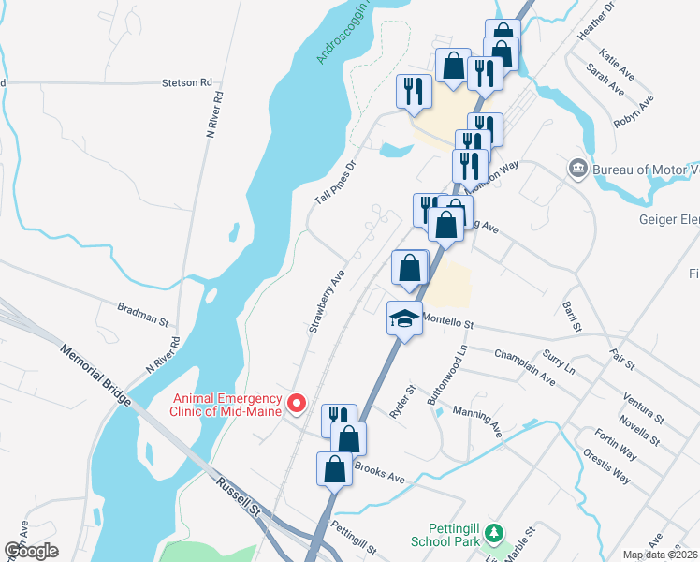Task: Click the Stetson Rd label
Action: tap(186, 82)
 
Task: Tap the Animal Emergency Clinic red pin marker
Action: tap(298, 404)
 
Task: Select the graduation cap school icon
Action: tap(404, 319)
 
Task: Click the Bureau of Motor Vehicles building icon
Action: tap(577, 169)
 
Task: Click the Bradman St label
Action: tap(141, 313)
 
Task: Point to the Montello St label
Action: tap(450, 322)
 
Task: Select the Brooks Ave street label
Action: tap(379, 472)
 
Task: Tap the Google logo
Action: tap(31, 551)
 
